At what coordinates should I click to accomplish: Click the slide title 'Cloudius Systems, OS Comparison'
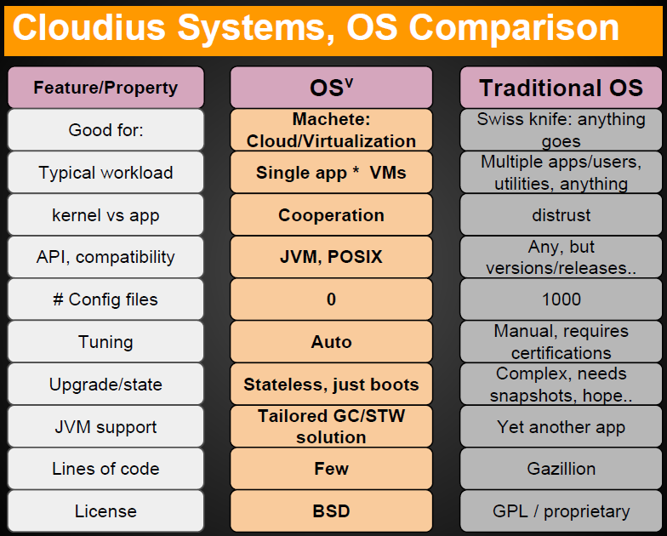click(x=316, y=28)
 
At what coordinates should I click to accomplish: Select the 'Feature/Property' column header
click(x=105, y=88)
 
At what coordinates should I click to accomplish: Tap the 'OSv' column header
click(x=332, y=88)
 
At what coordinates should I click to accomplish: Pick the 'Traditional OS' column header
click(x=562, y=88)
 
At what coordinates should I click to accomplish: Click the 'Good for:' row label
click(x=105, y=129)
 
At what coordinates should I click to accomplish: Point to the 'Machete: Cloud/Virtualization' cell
click(x=332, y=129)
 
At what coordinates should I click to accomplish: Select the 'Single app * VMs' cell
click(x=332, y=172)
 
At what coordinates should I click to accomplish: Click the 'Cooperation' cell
click(x=332, y=214)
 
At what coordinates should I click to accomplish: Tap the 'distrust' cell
click(x=562, y=214)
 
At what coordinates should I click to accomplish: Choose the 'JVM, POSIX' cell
click(x=332, y=257)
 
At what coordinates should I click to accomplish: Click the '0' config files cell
click(x=332, y=299)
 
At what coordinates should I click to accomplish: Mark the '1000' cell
click(x=562, y=299)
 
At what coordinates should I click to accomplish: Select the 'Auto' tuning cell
click(x=332, y=342)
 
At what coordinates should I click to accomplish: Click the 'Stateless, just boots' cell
click(x=332, y=385)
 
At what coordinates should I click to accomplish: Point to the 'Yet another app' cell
click(x=562, y=427)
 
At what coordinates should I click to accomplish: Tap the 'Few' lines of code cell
click(x=332, y=469)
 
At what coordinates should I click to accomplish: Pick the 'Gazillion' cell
click(x=562, y=469)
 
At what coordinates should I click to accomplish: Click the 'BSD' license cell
click(x=332, y=510)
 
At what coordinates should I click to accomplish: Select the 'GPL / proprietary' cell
click(x=562, y=510)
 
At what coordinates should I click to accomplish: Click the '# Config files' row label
click(x=105, y=299)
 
